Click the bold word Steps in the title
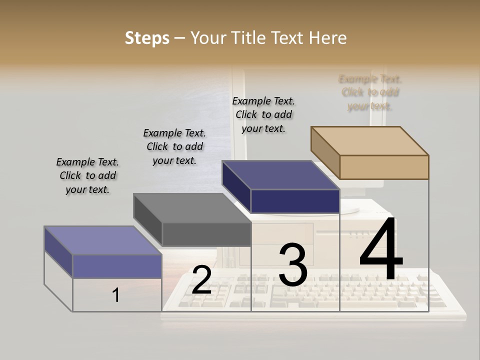[x=147, y=38]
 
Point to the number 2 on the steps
[x=201, y=280]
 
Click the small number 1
[x=116, y=295]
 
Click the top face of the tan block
[x=370, y=140]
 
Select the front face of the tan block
[x=384, y=167]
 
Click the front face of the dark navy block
[x=295, y=201]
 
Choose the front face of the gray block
[x=206, y=234]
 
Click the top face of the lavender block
[x=103, y=240]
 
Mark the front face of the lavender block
[x=117, y=266]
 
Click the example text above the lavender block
[x=87, y=175]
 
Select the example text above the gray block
[x=174, y=146]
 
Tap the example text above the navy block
[x=263, y=114]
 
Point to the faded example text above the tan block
[x=370, y=92]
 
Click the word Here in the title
[x=328, y=38]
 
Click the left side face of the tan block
[x=325, y=152]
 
